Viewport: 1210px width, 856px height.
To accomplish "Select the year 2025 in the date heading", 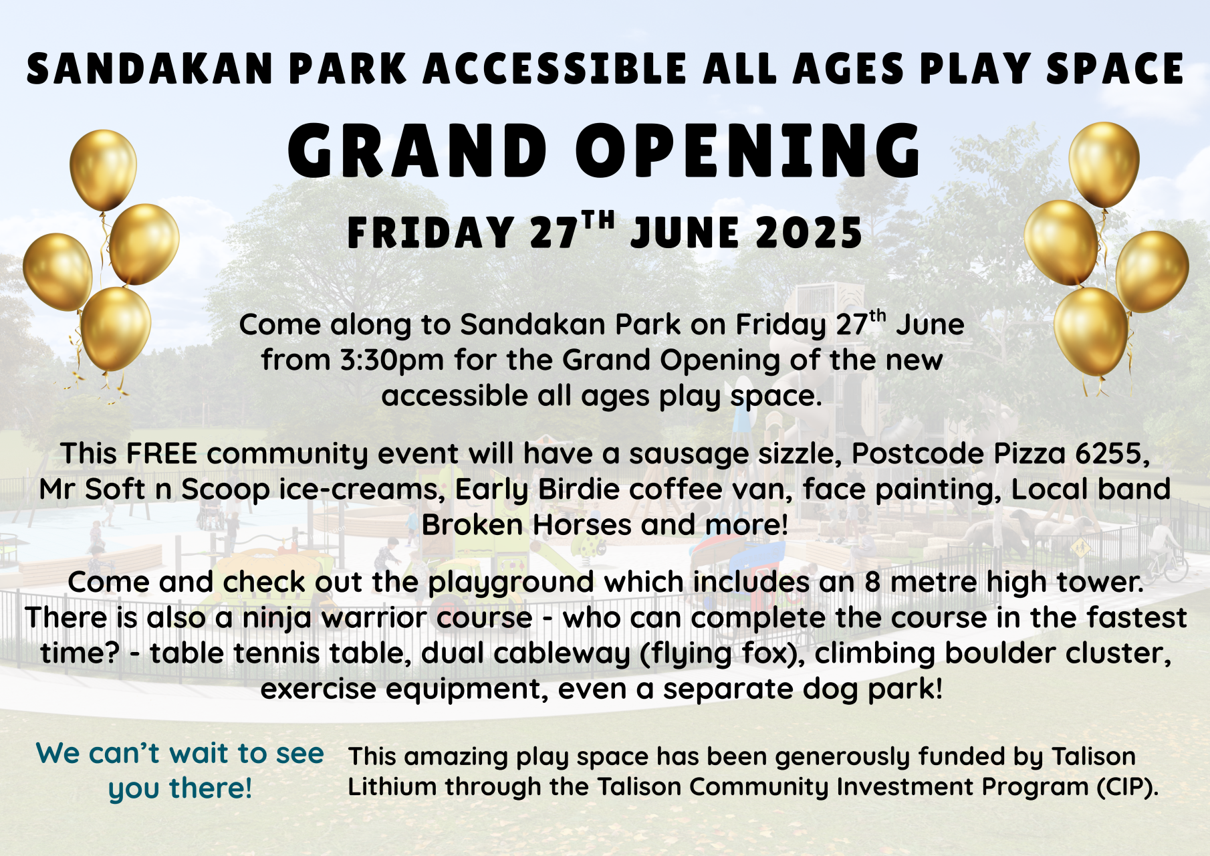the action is (x=809, y=233).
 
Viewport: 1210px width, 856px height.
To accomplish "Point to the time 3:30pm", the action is (x=392, y=360).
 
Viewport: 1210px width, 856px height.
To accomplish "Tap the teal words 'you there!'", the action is (x=180, y=788).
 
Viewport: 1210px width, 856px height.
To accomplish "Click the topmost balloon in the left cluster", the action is (x=103, y=171).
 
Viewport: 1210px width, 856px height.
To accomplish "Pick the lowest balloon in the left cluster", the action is (x=116, y=329).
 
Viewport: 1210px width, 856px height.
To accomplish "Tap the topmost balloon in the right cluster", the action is (x=1104, y=165).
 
